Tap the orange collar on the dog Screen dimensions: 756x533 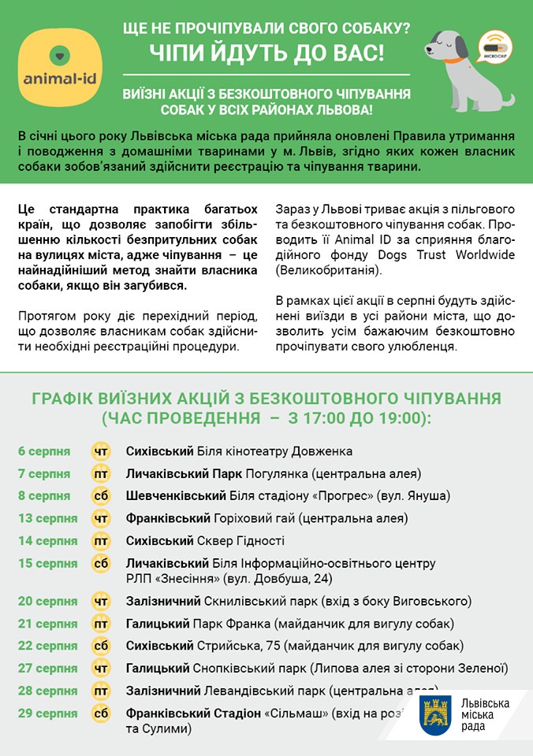tap(452, 59)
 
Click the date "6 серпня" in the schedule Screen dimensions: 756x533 tap(44, 451)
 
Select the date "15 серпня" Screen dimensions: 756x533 tap(47, 564)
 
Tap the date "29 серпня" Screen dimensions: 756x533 tap(47, 713)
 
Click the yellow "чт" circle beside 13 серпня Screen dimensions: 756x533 tap(101, 518)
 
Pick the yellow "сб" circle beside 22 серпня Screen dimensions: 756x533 tap(101, 646)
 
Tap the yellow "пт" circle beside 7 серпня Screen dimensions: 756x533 tap(101, 474)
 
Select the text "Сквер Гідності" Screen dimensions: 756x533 tap(241, 541)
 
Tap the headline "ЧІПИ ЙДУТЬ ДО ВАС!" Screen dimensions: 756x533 tap(267, 55)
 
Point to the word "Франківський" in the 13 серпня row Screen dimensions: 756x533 tap(168, 518)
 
